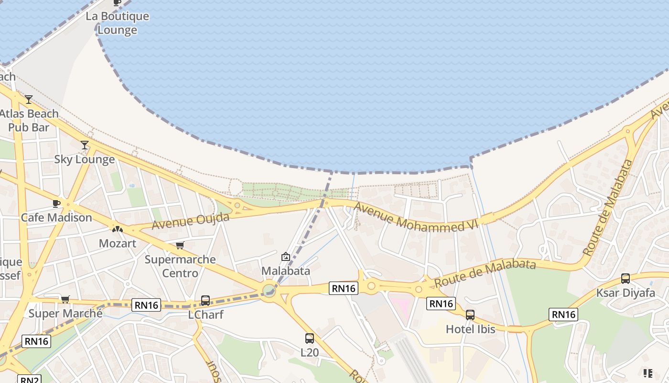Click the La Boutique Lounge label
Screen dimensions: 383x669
[117, 23]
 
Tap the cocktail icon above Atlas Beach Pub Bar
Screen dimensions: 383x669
[29, 100]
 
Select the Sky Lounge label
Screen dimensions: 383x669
[84, 159]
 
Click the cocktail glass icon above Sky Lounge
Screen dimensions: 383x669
[85, 145]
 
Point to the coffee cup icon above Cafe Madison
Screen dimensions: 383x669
[56, 203]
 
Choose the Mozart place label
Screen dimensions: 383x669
[117, 243]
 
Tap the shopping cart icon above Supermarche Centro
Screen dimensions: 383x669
[180, 246]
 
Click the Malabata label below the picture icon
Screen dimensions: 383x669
[285, 270]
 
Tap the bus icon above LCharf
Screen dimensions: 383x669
[205, 301]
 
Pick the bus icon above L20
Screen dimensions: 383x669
[310, 338]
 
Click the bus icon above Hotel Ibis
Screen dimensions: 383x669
[470, 315]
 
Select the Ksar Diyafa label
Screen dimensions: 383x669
[625, 293]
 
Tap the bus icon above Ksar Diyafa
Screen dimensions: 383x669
[625, 279]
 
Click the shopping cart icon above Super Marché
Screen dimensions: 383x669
[65, 300]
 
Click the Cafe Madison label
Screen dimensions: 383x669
[56, 217]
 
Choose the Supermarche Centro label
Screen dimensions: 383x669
[180, 266]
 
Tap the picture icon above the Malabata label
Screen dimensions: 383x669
[285, 257]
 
